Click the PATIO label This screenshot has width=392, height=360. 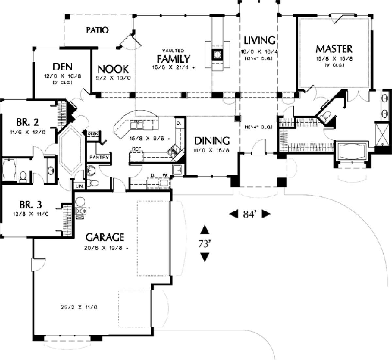[x=97, y=30]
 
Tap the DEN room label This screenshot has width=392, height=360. [x=62, y=67]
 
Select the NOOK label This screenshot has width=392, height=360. [x=113, y=69]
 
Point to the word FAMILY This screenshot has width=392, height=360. [x=173, y=59]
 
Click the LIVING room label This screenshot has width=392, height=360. [x=259, y=40]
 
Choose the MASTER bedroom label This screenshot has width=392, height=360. [x=334, y=49]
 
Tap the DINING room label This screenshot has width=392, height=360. [x=212, y=141]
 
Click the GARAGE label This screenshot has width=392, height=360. [x=105, y=237]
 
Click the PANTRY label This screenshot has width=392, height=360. [x=99, y=157]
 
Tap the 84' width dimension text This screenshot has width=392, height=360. [x=250, y=214]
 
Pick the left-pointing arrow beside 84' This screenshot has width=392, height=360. [x=233, y=214]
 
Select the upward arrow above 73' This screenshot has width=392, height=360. [x=205, y=230]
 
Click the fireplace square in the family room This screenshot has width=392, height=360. [x=217, y=54]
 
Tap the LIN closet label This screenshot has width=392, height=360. [x=79, y=186]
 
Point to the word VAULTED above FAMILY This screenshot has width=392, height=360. [x=173, y=51]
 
